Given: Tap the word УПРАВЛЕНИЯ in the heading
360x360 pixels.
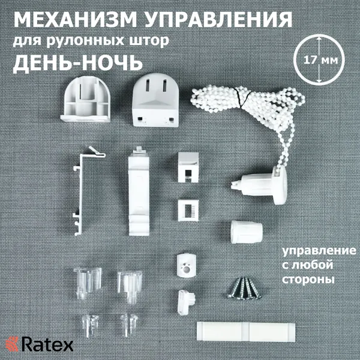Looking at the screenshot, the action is [x=218, y=20].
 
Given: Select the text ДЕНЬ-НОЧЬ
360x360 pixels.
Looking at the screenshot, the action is [x=77, y=62].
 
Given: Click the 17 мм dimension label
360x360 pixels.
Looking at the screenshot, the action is [x=320, y=61].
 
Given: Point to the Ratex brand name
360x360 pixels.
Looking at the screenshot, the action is [x=47, y=344].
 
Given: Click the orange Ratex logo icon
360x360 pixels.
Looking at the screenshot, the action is [x=12, y=344].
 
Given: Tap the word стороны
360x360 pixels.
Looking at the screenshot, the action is [x=308, y=280].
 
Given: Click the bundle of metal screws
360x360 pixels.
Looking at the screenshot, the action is [x=245, y=289].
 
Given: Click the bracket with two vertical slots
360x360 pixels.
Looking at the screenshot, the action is [x=155, y=100].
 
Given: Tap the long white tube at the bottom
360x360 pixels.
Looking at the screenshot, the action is [x=246, y=332].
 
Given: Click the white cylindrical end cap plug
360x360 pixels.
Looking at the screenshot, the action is [x=247, y=232].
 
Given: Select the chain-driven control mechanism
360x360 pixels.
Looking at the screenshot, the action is [x=259, y=186].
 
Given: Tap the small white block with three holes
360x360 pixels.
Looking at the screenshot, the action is [x=186, y=265].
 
